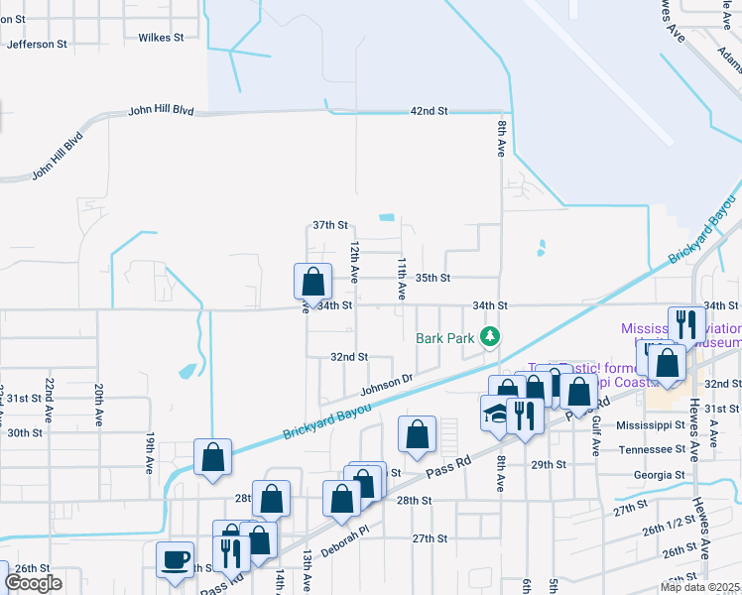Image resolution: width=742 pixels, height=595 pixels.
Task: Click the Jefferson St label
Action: click(x=37, y=44)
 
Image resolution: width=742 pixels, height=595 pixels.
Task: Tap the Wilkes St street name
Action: click(x=162, y=38)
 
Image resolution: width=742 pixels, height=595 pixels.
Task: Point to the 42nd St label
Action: click(x=430, y=110)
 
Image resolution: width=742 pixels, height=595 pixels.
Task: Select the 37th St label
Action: click(x=330, y=225)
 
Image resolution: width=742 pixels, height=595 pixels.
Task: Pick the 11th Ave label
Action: click(x=403, y=279)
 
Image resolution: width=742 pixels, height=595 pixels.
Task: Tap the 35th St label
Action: click(x=433, y=278)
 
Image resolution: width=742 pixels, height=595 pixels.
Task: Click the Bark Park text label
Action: click(x=445, y=337)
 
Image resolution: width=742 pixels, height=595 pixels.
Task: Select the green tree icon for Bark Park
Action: click(x=489, y=337)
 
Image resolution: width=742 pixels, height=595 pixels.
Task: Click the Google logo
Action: click(x=33, y=583)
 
